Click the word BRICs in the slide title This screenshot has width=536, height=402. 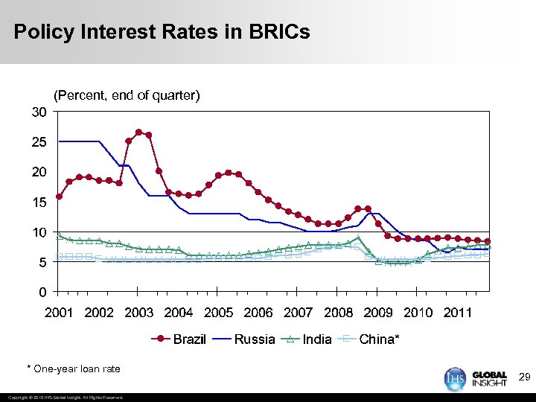276,32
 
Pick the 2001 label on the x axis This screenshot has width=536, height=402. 60,313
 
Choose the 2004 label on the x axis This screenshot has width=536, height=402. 179,313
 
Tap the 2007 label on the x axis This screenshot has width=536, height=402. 299,313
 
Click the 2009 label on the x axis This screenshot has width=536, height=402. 378,313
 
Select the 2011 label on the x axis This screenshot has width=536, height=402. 458,313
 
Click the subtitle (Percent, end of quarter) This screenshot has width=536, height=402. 127,95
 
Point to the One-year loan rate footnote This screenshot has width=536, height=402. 73,368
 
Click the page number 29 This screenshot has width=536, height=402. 524,378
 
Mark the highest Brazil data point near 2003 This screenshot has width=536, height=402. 138,133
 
